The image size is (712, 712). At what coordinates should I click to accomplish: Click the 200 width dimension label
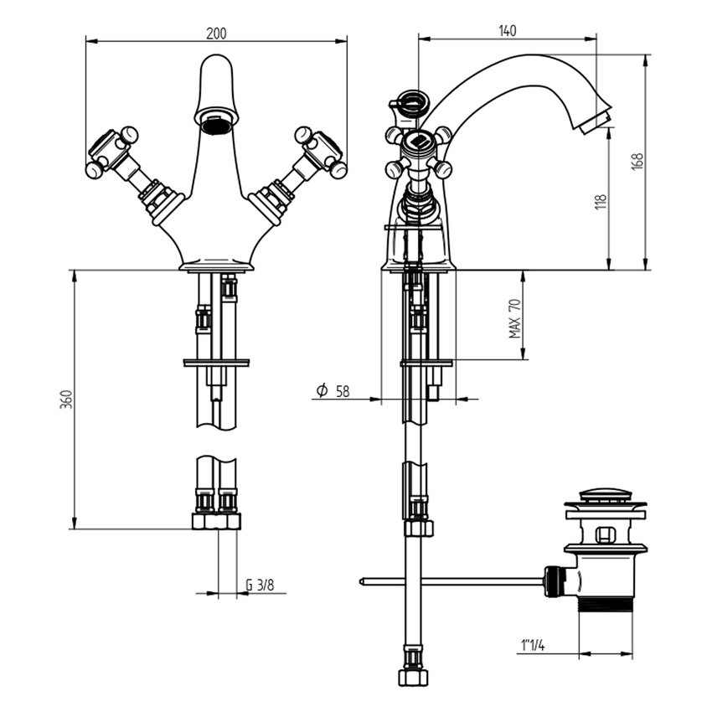(216, 34)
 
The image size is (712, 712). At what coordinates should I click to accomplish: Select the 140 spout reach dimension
(508, 31)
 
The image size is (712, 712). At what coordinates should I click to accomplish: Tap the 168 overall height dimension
(637, 162)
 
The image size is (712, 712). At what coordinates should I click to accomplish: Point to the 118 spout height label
(601, 202)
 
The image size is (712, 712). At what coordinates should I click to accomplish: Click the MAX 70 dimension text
(515, 318)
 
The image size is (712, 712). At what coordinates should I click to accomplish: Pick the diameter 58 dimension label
(333, 390)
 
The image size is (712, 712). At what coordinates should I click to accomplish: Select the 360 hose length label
(66, 399)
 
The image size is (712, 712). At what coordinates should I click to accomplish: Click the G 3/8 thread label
(260, 585)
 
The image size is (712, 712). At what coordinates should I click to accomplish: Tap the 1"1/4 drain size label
(533, 645)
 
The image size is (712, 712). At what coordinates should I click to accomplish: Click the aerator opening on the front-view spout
(216, 123)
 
